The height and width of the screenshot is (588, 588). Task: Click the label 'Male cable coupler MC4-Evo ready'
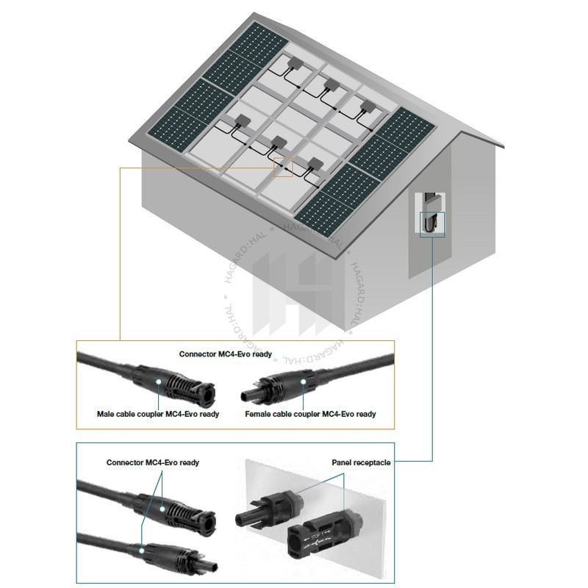coord(158,414)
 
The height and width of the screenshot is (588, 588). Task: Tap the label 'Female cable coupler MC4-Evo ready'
coord(310,414)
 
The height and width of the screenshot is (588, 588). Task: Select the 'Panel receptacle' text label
coord(361,462)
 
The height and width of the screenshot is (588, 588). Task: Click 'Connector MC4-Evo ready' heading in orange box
coord(226,354)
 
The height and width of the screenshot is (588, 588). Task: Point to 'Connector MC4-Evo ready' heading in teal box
coord(153,462)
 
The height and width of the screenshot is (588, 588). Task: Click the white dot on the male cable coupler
coord(159,381)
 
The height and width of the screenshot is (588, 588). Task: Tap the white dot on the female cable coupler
coord(304,381)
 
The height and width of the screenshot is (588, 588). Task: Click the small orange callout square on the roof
coord(283,168)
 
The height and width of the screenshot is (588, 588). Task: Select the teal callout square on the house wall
coord(432,224)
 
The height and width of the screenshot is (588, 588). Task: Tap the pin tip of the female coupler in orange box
coord(246,395)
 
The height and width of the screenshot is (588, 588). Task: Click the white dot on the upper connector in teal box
coord(162,509)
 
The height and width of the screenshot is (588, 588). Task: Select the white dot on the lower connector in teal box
coord(142,551)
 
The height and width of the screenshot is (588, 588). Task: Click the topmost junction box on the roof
coord(296,62)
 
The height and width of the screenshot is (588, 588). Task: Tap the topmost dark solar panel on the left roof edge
coord(258,40)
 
